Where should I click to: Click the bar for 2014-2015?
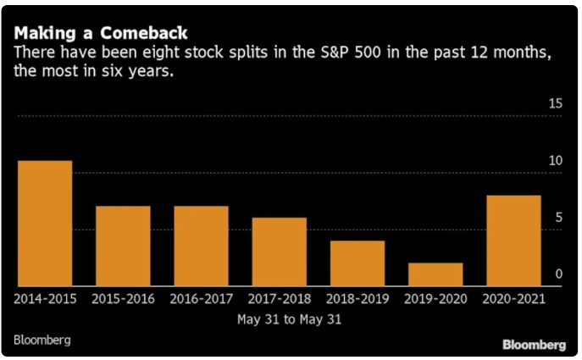45,223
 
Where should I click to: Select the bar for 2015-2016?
123,246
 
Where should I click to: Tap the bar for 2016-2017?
201,246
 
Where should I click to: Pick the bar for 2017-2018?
279,252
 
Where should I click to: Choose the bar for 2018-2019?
357,263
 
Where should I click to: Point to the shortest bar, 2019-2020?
435,274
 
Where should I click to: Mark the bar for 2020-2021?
513,241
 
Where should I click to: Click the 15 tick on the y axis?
555,103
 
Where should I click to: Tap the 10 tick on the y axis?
555,161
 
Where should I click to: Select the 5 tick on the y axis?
558,218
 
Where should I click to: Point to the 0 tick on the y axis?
558,274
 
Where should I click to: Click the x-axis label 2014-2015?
45,299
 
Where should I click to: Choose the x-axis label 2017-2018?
279,299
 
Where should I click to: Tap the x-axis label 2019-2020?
435,299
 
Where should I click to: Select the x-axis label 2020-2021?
513,299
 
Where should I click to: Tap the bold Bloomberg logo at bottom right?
534,345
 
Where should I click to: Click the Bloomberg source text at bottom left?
42,340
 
